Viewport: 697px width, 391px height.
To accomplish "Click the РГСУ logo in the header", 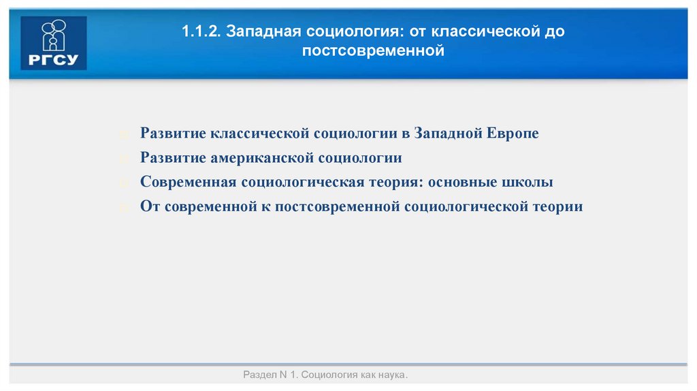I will coord(54,43).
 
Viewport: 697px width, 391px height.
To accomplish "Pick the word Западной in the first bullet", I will coord(450,134).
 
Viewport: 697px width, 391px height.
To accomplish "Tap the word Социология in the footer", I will coord(325,375).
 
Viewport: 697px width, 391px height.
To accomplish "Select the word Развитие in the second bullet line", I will coord(173,158).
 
